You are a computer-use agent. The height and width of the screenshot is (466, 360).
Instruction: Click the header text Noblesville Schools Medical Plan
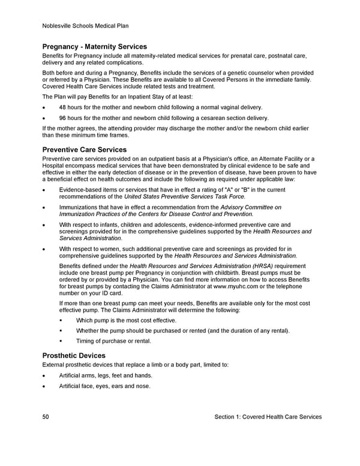pos(85,26)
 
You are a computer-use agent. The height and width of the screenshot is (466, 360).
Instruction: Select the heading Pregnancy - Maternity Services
pos(94,47)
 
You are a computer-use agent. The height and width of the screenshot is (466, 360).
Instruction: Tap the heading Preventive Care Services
pos(84,150)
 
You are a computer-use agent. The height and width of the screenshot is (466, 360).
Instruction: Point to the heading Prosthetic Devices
pos(74,356)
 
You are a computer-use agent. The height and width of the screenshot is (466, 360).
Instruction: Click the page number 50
pos(46,417)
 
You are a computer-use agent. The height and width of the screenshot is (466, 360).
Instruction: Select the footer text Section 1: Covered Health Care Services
pos(268,417)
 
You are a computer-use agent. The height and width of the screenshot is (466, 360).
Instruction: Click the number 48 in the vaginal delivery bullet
pos(63,107)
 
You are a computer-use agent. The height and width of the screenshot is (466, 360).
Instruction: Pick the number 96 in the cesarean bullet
pos(63,118)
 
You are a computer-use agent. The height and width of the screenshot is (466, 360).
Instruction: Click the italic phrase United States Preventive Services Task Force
pos(185,196)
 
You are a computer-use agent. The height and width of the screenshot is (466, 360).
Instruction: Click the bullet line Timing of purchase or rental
pos(113,341)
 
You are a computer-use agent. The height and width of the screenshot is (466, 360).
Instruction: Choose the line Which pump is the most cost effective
pos(126,321)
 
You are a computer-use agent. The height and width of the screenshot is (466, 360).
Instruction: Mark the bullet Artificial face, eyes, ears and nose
pos(104,386)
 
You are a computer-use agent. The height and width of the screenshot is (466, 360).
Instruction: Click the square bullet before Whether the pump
pos(61,331)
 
